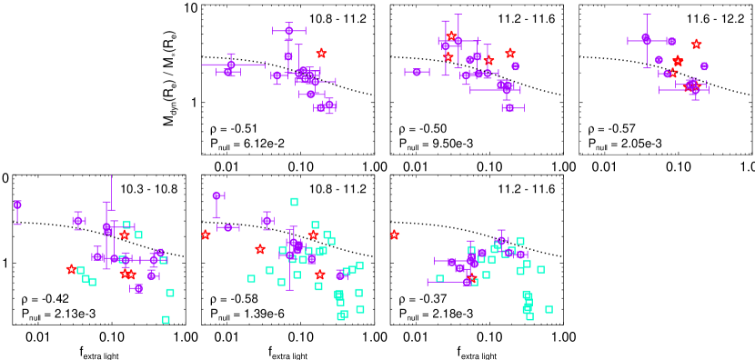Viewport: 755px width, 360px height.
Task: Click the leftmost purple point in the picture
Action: [17, 205]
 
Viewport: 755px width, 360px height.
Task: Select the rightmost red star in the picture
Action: [697, 45]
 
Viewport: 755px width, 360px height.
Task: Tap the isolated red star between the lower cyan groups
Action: [395, 235]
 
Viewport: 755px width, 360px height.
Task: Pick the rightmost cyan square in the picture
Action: [549, 309]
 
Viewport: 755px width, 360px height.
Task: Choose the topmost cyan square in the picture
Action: [294, 202]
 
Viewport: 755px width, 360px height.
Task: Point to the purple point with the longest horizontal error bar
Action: [231, 65]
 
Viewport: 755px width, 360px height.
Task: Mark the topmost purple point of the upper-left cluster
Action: [289, 31]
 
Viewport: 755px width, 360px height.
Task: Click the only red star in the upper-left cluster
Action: [321, 54]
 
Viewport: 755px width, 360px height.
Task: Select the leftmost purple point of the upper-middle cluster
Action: [417, 72]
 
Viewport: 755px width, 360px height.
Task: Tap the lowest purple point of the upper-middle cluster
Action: [509, 108]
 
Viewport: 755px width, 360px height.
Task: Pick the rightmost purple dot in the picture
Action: [704, 66]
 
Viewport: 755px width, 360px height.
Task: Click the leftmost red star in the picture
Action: [71, 269]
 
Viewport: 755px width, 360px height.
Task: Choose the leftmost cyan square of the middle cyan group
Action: [251, 278]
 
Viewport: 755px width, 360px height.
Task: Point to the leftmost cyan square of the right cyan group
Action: [439, 279]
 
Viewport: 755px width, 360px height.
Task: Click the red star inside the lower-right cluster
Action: [471, 278]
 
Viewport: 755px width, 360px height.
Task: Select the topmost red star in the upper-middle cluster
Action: [451, 36]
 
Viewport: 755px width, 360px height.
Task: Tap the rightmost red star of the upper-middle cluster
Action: [510, 54]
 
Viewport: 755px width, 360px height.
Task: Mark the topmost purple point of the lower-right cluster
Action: [501, 241]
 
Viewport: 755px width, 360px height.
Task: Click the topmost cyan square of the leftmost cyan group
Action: [126, 225]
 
